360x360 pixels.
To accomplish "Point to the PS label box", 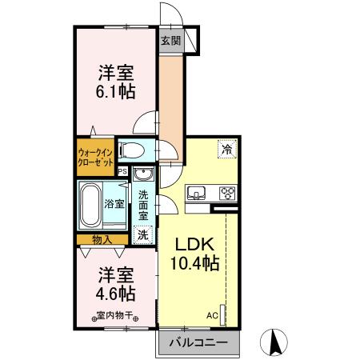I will pos(122,170).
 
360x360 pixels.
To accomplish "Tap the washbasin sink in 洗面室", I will pos(142,175).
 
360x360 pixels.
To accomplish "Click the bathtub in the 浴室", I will pos(91,203).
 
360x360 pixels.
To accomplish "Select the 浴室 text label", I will pos(114,203).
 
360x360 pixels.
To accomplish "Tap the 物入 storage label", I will pos(102,239).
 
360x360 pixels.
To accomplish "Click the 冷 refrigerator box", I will pos(227,148).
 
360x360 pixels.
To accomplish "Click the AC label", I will pos(212,314).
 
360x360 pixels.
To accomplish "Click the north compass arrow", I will pos(274,342).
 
